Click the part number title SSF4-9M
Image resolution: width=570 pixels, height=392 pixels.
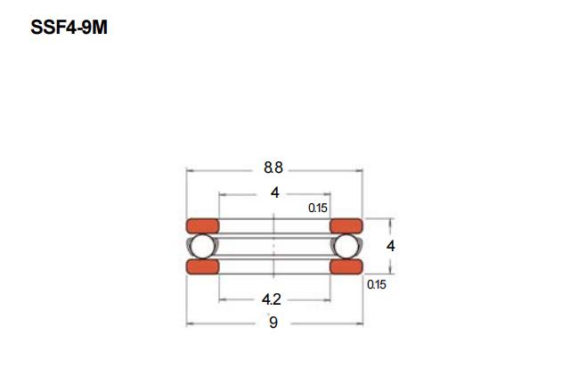[69, 28]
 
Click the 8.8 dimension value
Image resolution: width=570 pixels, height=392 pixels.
[273, 168]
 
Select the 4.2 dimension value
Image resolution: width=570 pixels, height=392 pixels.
[271, 299]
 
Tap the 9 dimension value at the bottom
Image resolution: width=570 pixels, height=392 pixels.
[273, 323]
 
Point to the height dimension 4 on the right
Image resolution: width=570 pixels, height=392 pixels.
[390, 246]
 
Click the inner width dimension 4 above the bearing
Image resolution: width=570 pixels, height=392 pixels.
[275, 192]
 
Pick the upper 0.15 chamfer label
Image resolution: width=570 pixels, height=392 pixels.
[318, 208]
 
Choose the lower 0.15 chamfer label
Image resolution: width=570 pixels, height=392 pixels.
[377, 284]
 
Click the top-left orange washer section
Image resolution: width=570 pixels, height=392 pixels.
[202, 225]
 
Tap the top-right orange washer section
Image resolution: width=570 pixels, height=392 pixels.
[346, 225]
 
